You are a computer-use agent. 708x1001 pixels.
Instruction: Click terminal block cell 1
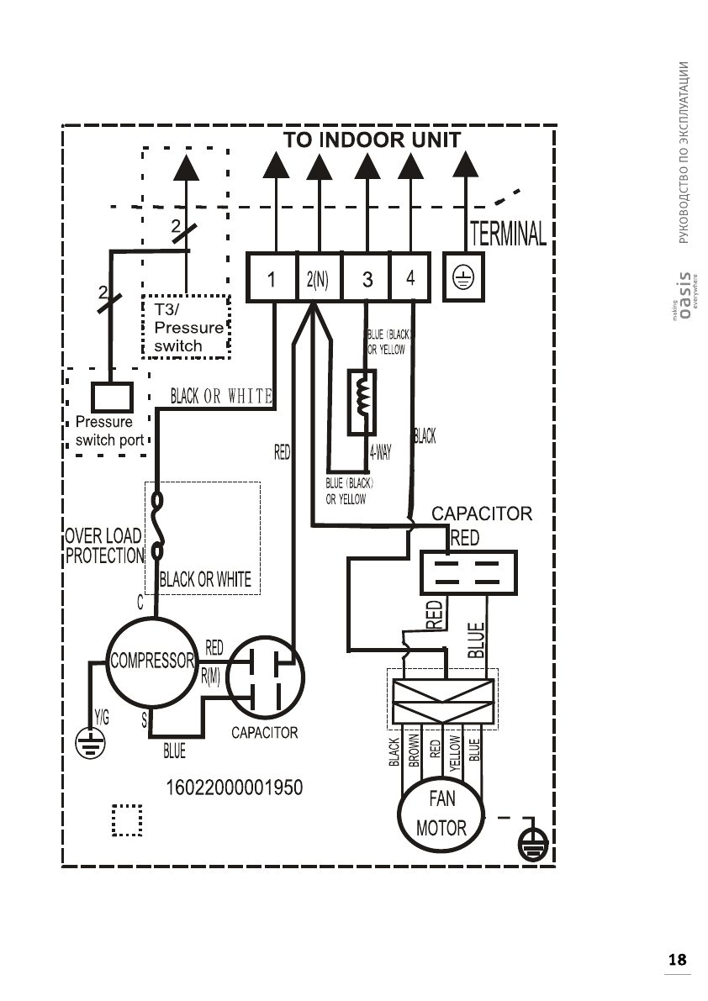point(272,278)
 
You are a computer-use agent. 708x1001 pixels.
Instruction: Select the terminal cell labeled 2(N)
point(319,278)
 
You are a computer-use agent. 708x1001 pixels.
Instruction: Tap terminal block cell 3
point(367,278)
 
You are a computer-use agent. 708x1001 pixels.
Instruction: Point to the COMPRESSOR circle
point(151,661)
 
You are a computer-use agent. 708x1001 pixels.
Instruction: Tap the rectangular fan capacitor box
point(468,572)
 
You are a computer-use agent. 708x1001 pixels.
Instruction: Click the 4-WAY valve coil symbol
point(364,402)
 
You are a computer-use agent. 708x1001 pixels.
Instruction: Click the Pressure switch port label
point(109,430)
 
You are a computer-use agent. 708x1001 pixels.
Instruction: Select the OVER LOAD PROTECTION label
point(103,545)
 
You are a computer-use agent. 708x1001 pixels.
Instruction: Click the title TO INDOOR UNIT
point(372,140)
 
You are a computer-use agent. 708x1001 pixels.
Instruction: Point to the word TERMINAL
point(509,234)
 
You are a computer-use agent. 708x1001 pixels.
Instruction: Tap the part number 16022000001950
point(236,788)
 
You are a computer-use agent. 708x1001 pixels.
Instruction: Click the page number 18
point(677,959)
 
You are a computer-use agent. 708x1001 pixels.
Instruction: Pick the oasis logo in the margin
point(685,295)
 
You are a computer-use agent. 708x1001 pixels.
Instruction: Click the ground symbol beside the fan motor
point(533,843)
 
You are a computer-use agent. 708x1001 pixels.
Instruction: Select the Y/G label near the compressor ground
point(101,719)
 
